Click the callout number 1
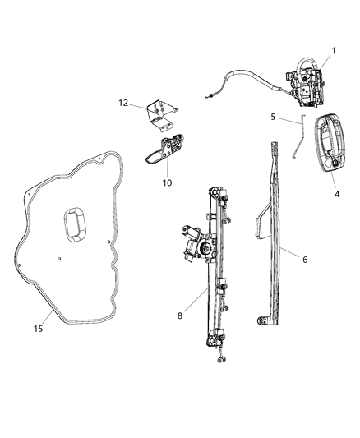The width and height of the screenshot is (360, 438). [x=334, y=51]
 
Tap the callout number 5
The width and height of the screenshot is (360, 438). [x=273, y=118]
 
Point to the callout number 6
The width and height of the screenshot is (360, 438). [x=304, y=260]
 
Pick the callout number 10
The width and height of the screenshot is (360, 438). [x=167, y=182]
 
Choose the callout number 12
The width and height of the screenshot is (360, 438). [x=123, y=104]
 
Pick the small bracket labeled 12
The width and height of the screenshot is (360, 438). [x=159, y=113]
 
